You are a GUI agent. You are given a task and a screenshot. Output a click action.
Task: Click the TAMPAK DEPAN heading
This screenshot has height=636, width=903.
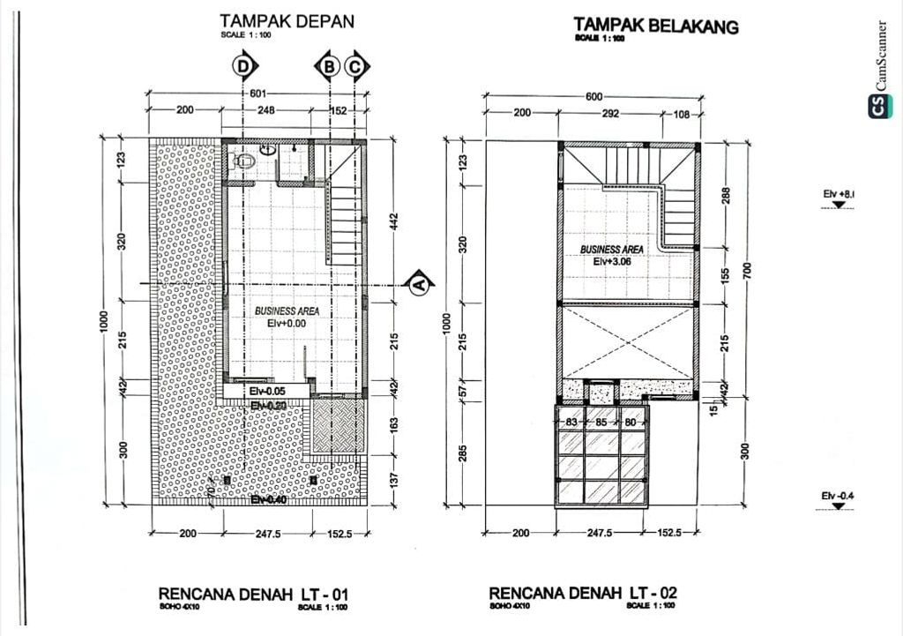point(287,20)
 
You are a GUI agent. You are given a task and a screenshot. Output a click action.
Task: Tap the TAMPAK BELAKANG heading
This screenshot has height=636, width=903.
point(655,25)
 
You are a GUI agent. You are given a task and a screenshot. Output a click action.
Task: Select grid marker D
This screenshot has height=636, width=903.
point(244,66)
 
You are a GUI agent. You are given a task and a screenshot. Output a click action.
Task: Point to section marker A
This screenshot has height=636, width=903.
point(419,283)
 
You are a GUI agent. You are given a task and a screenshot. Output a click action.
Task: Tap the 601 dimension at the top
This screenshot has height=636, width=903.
point(257,94)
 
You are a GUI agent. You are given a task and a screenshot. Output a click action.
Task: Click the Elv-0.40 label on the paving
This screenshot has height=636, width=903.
point(267,499)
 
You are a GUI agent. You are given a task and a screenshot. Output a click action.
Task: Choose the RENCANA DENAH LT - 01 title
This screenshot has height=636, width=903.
point(260,595)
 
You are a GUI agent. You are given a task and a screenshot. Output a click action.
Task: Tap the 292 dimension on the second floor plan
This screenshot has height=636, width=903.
point(609,114)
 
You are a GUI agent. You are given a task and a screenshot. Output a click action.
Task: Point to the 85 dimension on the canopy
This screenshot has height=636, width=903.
point(601,423)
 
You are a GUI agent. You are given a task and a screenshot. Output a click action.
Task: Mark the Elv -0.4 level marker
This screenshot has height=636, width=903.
point(838,498)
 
